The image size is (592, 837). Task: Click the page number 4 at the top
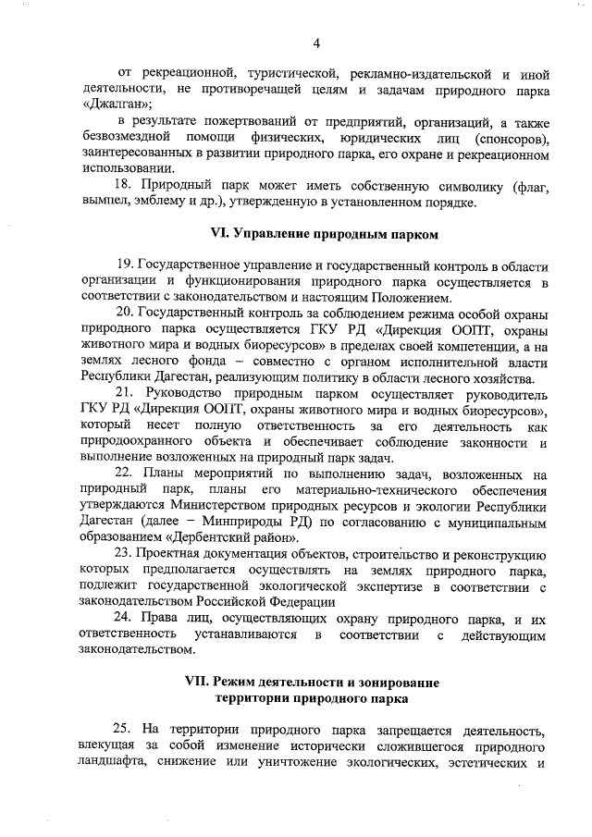pyautogui.click(x=315, y=43)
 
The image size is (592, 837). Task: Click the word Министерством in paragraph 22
pyautogui.click(x=220, y=507)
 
